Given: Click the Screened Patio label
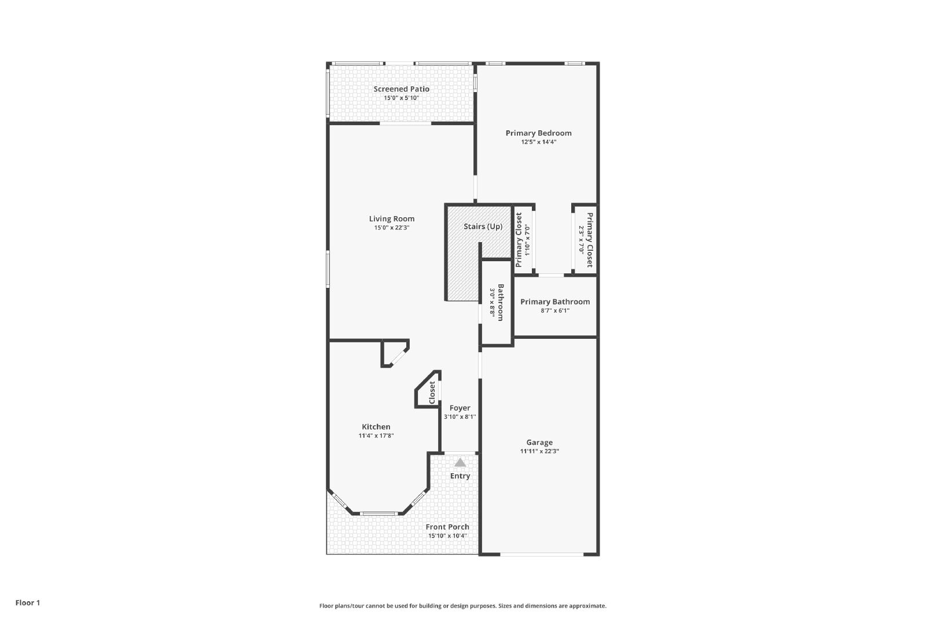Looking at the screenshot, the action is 402,89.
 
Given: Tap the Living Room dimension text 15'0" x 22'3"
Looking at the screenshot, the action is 391,228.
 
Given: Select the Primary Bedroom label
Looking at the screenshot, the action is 539,133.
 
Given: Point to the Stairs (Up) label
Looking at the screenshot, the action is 483,226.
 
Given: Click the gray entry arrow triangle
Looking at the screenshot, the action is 460,462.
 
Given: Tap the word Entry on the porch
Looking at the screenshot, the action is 460,476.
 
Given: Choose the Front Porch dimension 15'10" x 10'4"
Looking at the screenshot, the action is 447,536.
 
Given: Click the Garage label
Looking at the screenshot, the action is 539,443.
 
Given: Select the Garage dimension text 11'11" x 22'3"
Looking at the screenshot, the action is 539,451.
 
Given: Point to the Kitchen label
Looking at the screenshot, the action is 376,427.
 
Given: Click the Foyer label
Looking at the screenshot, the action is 460,408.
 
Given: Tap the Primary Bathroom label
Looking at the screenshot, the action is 555,302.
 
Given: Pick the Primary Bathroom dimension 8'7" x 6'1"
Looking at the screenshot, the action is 555,310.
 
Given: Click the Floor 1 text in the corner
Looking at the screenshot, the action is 28,603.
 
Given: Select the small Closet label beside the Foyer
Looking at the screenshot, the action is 432,393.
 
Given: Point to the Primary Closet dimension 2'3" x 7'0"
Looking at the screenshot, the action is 581,240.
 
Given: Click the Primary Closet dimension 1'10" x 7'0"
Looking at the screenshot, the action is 527,240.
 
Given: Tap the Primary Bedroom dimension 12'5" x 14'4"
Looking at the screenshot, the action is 539,142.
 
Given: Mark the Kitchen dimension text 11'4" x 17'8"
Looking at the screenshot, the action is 376,436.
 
